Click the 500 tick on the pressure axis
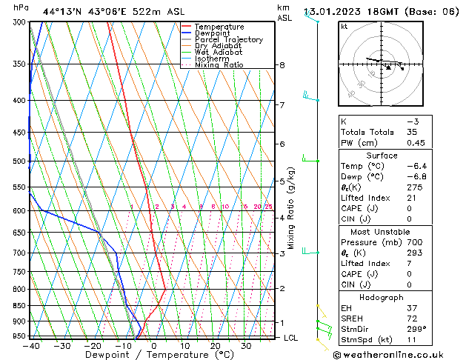point(20,161)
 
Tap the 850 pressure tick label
point(20,306)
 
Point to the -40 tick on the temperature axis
point(30,346)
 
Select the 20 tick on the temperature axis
point(215,346)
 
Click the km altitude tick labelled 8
point(282,65)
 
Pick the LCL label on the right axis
point(291,338)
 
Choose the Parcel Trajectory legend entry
point(228,40)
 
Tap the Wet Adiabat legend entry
point(219,53)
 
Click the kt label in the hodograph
point(344,26)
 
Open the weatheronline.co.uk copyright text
point(390,354)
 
